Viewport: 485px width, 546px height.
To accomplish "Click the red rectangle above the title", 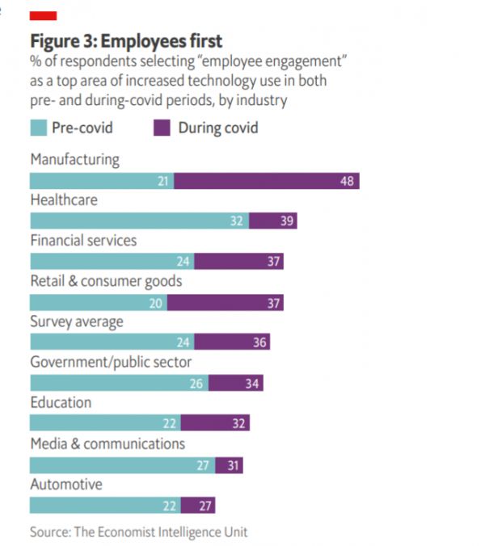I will click(x=43, y=16).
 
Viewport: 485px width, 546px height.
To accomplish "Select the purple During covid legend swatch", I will click(x=162, y=128).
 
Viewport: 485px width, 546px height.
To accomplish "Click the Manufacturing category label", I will click(x=74, y=159).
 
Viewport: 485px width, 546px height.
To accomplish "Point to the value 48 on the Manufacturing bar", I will click(x=347, y=181).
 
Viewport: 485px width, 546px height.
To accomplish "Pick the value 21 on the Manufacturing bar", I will click(x=163, y=181).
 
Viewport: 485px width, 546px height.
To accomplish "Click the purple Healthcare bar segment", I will click(x=272, y=221).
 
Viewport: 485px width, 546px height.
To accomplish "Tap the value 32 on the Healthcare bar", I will click(x=237, y=221).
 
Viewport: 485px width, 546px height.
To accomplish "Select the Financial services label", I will click(x=83, y=241).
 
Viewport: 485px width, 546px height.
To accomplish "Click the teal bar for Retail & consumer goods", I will click(x=99, y=303).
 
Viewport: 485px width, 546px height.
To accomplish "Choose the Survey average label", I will click(x=77, y=322).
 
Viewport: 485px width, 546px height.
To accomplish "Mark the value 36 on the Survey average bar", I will click(x=259, y=343).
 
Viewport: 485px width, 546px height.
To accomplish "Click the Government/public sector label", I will click(x=111, y=363).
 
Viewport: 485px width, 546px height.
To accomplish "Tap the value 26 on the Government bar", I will click(x=197, y=384).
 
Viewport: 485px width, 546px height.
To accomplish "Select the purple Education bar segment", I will click(x=215, y=423).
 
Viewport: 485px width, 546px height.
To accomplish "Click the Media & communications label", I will click(x=108, y=443).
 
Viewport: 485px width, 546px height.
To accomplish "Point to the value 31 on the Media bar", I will click(x=232, y=465).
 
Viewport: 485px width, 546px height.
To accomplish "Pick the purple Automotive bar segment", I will click(x=198, y=506).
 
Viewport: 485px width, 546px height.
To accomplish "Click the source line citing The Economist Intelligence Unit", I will click(x=139, y=532).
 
